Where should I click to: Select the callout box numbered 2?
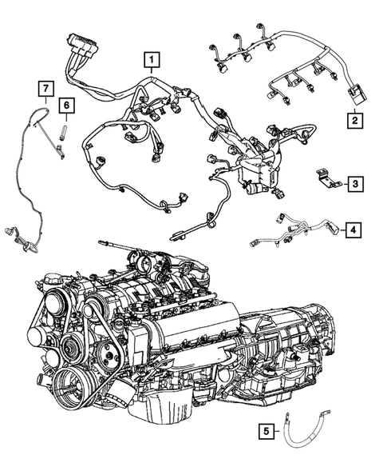click(351, 121)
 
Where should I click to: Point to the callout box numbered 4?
click(352, 231)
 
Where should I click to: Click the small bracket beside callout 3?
click(323, 178)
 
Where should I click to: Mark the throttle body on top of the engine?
click(140, 265)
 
